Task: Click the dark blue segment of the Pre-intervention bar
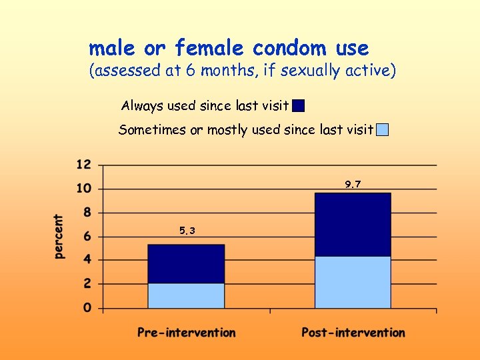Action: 186,264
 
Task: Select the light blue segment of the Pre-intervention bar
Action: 186,295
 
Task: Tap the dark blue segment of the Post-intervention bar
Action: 353,225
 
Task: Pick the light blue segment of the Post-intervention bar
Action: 353,282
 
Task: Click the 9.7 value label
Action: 353,184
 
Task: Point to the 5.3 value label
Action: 187,231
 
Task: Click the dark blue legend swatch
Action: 299,106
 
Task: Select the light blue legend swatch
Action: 382,130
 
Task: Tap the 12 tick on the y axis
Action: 85,165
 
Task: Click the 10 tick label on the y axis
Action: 85,189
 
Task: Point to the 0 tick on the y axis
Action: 88,308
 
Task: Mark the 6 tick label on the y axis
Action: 88,237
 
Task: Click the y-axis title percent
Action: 59,237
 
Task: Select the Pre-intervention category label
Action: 187,332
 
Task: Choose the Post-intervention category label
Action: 353,332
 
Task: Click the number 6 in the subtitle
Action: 190,71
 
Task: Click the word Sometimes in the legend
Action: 152,130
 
